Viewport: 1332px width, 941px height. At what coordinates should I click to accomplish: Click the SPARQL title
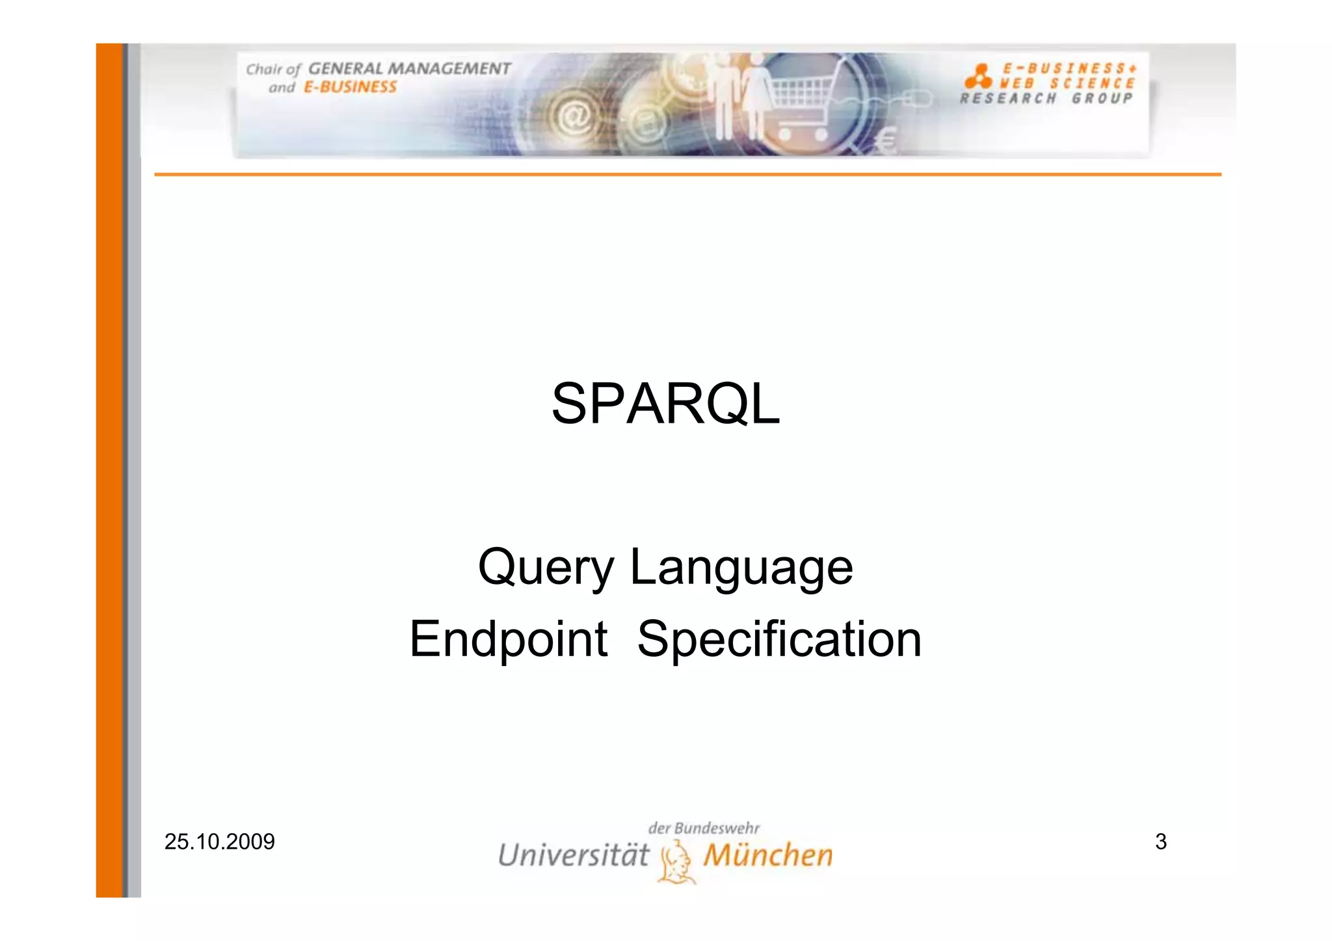tap(665, 404)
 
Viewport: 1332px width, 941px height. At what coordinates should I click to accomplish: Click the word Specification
tap(779, 640)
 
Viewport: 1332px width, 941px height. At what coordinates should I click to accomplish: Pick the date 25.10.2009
tap(219, 842)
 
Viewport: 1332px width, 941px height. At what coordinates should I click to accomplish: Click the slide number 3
tap(1161, 842)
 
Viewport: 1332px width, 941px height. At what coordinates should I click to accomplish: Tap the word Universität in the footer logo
tap(574, 855)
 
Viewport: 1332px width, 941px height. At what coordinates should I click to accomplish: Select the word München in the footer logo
tap(768, 855)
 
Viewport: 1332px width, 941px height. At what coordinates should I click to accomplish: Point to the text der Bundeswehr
tap(704, 828)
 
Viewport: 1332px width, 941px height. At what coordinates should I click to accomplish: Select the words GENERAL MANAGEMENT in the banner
tap(409, 69)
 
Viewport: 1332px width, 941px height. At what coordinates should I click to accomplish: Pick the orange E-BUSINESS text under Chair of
tap(350, 87)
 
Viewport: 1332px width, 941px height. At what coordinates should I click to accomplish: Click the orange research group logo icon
tap(978, 76)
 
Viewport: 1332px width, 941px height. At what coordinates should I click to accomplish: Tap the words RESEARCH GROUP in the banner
tap(1046, 99)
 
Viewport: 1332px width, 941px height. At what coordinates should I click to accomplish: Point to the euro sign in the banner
tap(887, 140)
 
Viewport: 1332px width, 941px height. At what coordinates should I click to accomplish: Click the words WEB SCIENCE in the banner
tap(1067, 83)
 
